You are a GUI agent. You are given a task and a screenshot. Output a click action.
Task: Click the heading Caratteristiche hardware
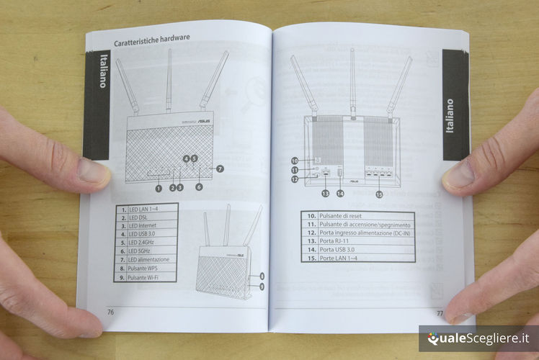[x=151, y=40]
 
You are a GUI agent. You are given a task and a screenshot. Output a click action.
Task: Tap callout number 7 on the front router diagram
[x=220, y=168]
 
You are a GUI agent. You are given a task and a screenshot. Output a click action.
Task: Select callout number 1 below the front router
[x=159, y=188]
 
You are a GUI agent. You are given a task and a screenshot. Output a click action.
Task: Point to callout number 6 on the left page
[x=199, y=187]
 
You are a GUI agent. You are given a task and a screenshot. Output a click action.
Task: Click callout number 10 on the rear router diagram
[x=295, y=161]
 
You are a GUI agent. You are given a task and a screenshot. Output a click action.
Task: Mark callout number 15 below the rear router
[x=379, y=194]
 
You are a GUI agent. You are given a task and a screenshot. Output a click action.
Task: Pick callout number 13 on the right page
[x=325, y=194]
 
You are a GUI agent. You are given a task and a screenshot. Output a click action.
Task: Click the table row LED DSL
[x=146, y=217]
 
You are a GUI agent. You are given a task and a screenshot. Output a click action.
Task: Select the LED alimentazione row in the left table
[x=146, y=260]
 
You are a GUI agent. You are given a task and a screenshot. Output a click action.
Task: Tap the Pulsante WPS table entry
[x=146, y=269]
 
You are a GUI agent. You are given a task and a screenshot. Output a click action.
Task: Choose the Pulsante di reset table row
[x=357, y=216]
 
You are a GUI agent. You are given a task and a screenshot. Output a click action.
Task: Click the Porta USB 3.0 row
[x=357, y=250]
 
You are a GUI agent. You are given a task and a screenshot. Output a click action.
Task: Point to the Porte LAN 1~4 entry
[x=357, y=258]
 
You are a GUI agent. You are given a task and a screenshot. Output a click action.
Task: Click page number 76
[x=110, y=312]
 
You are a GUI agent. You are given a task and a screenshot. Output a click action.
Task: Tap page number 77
[x=440, y=313]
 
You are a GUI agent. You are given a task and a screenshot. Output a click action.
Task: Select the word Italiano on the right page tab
[x=450, y=116]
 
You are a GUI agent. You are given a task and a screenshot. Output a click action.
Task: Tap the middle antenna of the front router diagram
[x=169, y=81]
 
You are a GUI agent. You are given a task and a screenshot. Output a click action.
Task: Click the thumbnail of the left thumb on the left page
[x=92, y=170]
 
